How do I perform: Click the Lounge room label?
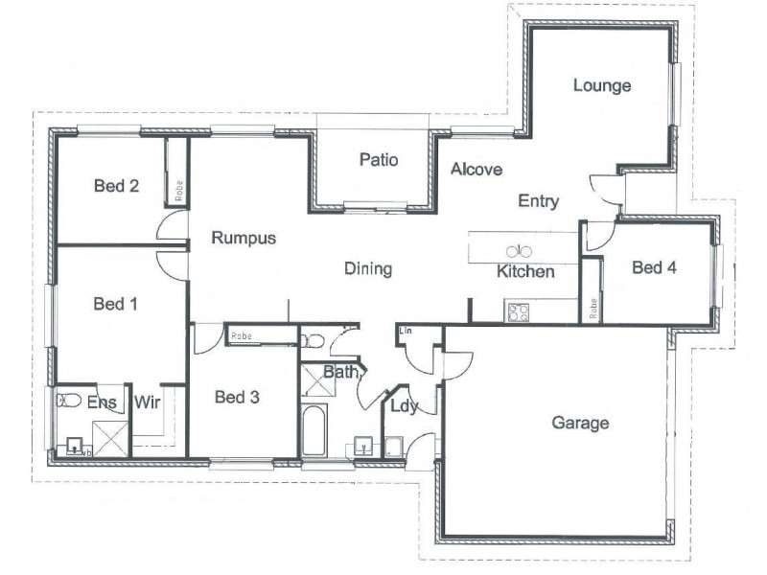(x=602, y=85)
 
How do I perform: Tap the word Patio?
(x=379, y=159)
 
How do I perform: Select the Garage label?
(x=581, y=422)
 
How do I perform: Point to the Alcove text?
(x=476, y=170)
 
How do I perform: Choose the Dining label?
(x=368, y=269)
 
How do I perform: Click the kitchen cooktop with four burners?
(x=519, y=311)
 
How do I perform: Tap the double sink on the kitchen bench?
(x=518, y=251)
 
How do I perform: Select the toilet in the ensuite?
(x=67, y=401)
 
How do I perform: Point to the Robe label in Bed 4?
(x=593, y=309)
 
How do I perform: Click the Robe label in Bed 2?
(x=178, y=189)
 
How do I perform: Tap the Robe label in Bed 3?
(x=241, y=336)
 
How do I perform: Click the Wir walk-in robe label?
(x=146, y=402)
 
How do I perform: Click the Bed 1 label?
(x=116, y=304)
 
